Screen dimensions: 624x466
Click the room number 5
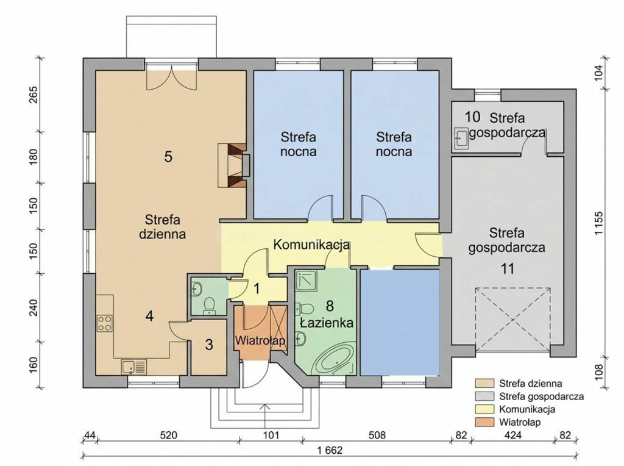pyautogui.click(x=168, y=157)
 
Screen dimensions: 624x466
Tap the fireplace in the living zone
pyautogui.click(x=234, y=165)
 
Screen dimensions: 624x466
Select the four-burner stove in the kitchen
pyautogui.click(x=105, y=323)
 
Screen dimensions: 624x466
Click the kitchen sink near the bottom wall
pyautogui.click(x=134, y=367)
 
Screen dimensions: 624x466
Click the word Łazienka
pyautogui.click(x=327, y=322)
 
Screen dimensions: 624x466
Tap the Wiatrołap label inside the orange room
pyautogui.click(x=260, y=341)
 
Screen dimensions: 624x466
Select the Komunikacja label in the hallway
pyautogui.click(x=311, y=245)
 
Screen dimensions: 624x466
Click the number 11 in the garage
pyautogui.click(x=508, y=269)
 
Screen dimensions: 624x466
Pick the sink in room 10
pyautogui.click(x=462, y=139)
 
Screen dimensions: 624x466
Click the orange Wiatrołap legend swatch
pyautogui.click(x=484, y=422)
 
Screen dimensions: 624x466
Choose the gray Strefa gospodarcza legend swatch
pyautogui.click(x=484, y=396)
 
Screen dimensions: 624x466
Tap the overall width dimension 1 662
pyautogui.click(x=330, y=450)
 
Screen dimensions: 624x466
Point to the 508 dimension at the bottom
pyautogui.click(x=377, y=435)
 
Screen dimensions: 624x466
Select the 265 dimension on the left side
pyautogui.click(x=34, y=95)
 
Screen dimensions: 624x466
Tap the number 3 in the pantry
pyautogui.click(x=210, y=345)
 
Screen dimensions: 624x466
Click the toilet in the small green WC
pyautogui.click(x=208, y=305)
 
